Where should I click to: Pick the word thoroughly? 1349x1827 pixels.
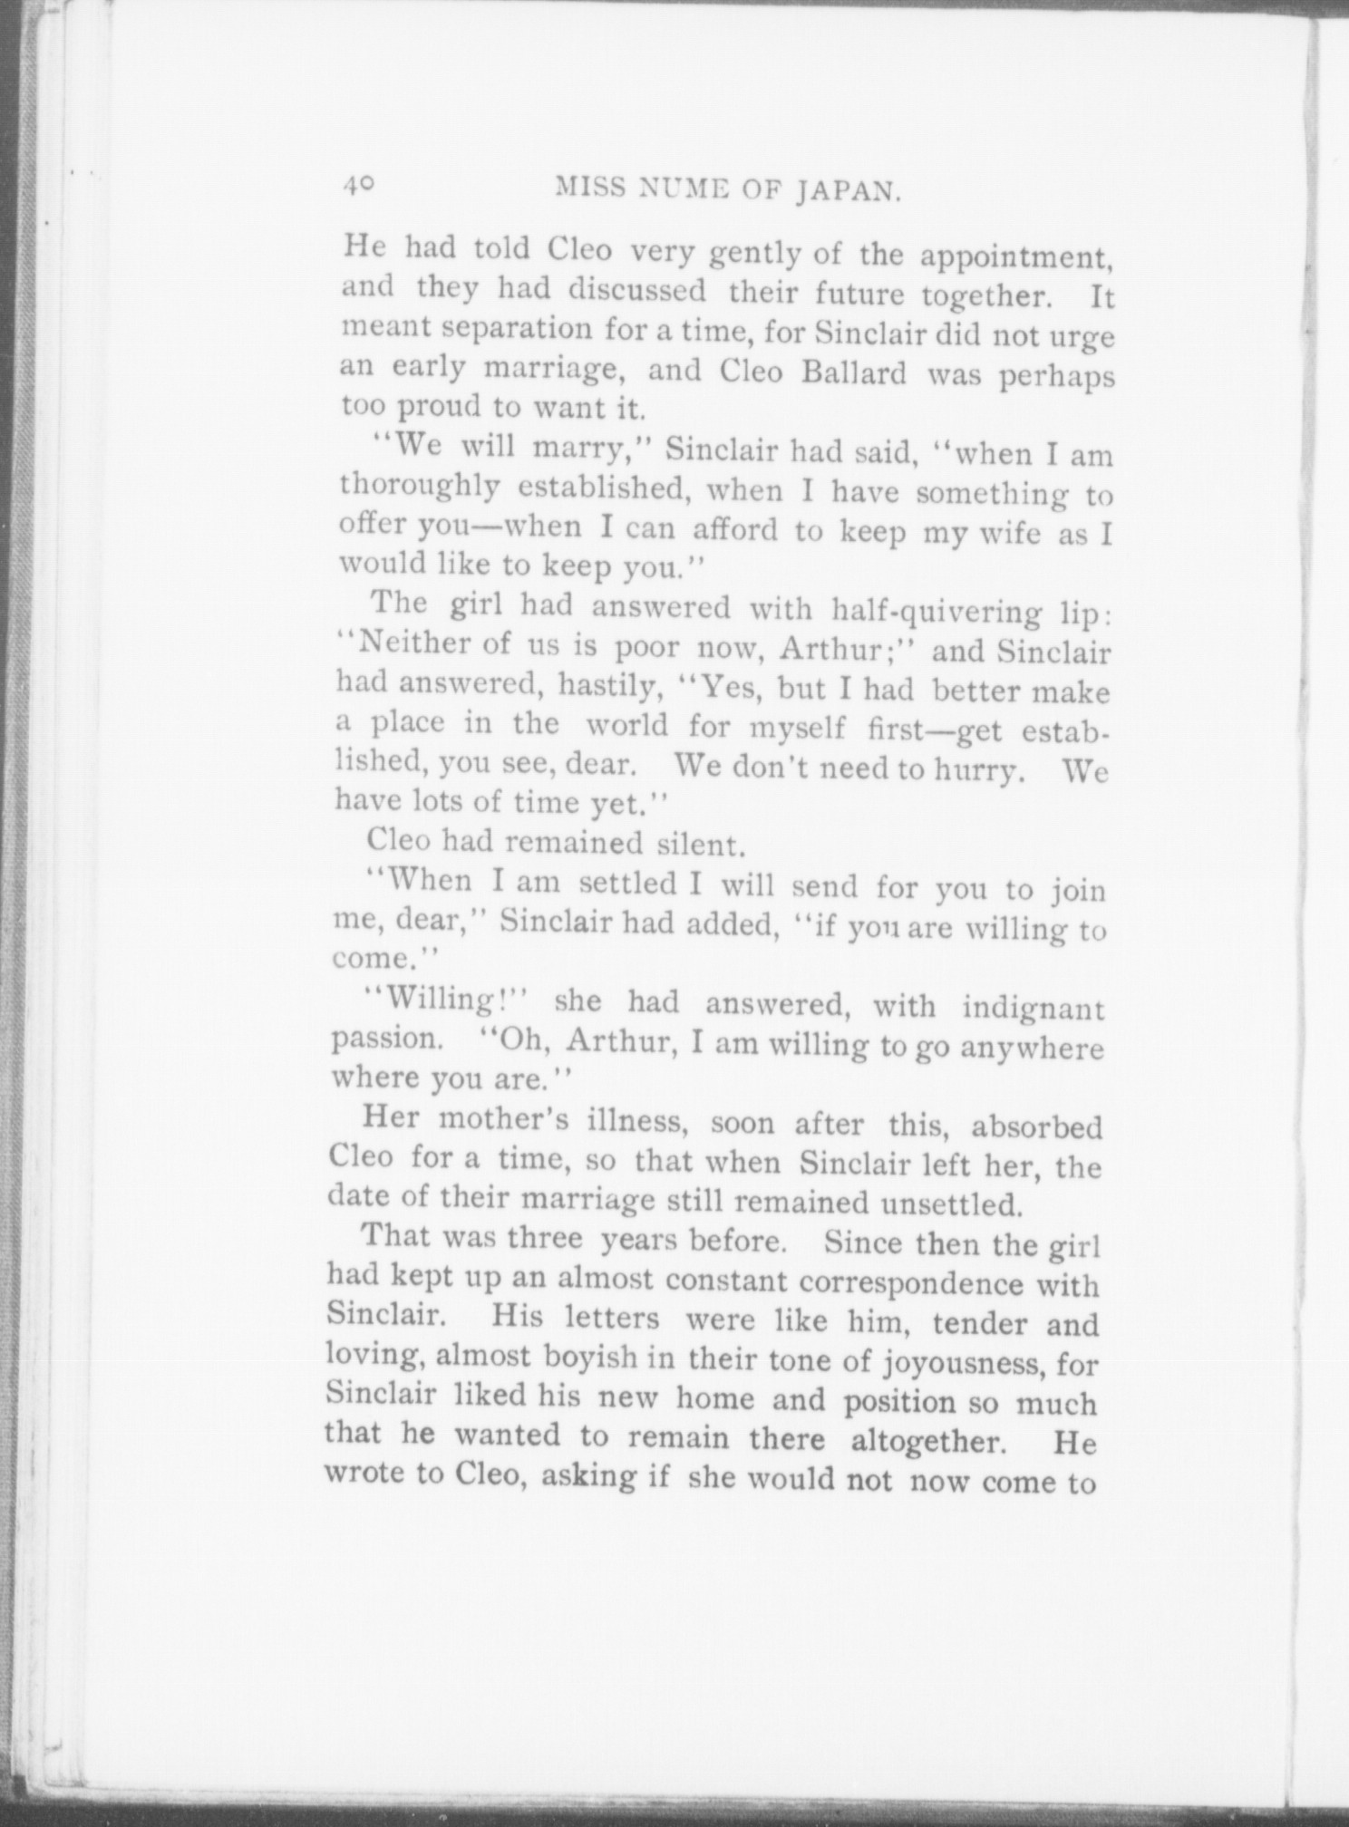(419, 487)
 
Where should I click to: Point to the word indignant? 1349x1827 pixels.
(1033, 1007)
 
